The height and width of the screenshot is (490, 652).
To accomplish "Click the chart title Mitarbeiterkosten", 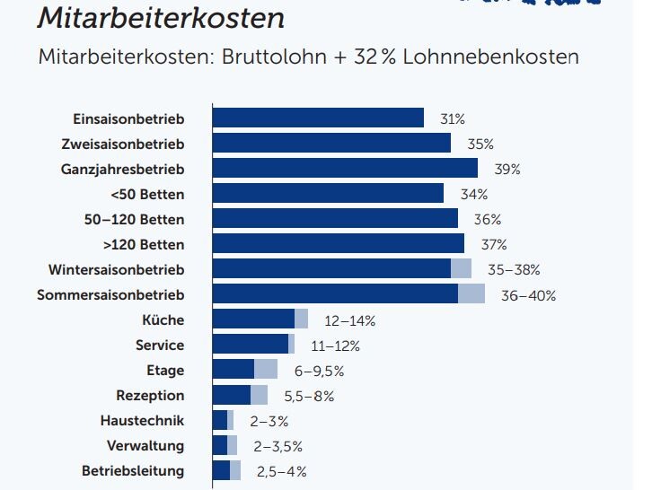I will [162, 18].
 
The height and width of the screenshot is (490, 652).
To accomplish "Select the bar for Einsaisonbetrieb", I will [318, 118].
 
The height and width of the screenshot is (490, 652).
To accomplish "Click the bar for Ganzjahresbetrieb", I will [345, 169].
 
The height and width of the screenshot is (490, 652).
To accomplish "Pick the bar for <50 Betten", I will [328, 194].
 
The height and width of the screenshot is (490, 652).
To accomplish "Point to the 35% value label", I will [480, 144].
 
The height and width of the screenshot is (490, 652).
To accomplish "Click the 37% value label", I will [494, 244].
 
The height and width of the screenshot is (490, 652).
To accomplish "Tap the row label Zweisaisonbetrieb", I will [122, 144].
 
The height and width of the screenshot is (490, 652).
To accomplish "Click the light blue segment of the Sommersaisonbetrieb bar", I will [471, 294].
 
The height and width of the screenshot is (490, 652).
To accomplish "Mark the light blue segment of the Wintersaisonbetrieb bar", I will [461, 269].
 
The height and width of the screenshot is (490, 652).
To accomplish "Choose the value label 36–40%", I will [528, 294].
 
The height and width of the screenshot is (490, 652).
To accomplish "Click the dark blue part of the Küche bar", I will [253, 319].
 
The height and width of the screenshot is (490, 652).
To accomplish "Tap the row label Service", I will [159, 345].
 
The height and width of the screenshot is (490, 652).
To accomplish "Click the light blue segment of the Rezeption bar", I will [259, 395].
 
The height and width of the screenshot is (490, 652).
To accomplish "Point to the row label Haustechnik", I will [142, 420].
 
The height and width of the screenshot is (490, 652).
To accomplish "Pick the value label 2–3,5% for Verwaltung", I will [278, 445].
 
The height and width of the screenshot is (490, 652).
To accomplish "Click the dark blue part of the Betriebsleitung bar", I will [221, 470].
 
